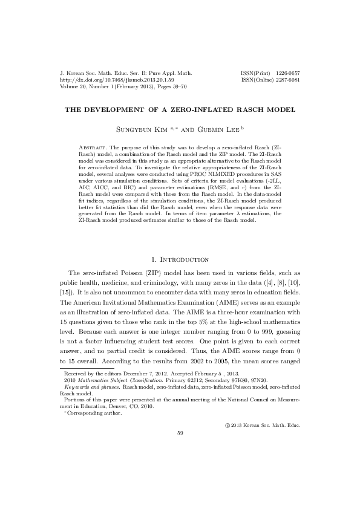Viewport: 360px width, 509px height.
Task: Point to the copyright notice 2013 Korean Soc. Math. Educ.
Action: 265,424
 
